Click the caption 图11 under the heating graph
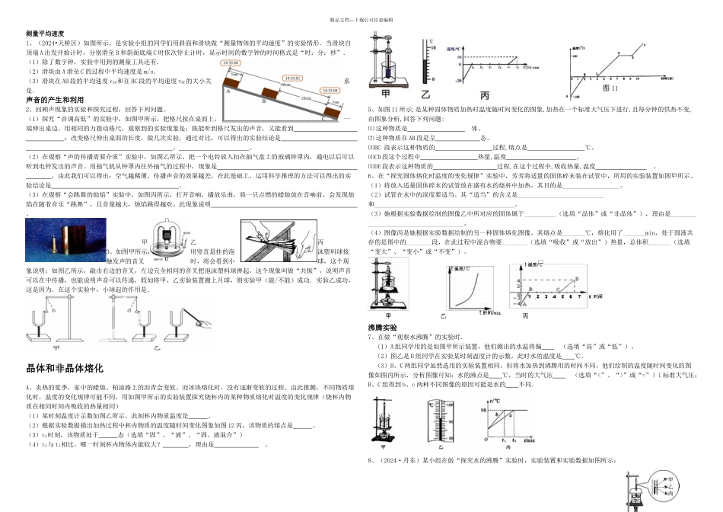(596, 89)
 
